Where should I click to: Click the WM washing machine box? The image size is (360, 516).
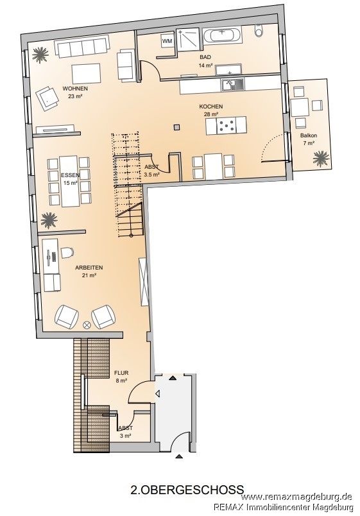point(167,41)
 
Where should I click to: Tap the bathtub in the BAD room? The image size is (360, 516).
point(223,35)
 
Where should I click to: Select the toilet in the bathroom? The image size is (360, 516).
point(259,32)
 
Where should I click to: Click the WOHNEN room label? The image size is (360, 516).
point(75,89)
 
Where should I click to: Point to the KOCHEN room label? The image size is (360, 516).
point(211,107)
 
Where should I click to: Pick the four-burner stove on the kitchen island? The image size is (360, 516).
point(227,126)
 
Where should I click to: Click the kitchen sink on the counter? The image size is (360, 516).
point(233,84)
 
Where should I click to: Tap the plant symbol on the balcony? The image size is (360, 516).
point(320,159)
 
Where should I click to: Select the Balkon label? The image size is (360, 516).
point(309,135)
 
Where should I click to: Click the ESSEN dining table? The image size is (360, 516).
point(70,181)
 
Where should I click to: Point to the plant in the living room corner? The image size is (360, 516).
point(41,55)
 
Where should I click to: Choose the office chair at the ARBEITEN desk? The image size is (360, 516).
point(67,253)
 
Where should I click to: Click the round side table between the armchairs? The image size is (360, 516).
point(87,325)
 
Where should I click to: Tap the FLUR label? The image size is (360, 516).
point(121,373)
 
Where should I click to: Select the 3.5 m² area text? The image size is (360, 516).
point(152,175)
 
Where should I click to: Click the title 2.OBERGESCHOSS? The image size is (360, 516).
point(187,489)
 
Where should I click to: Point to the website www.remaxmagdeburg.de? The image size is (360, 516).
point(297,497)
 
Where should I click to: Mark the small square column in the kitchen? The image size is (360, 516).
point(177,126)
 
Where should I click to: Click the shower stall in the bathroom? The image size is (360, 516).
point(188,40)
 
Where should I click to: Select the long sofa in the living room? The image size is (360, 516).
point(81,46)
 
